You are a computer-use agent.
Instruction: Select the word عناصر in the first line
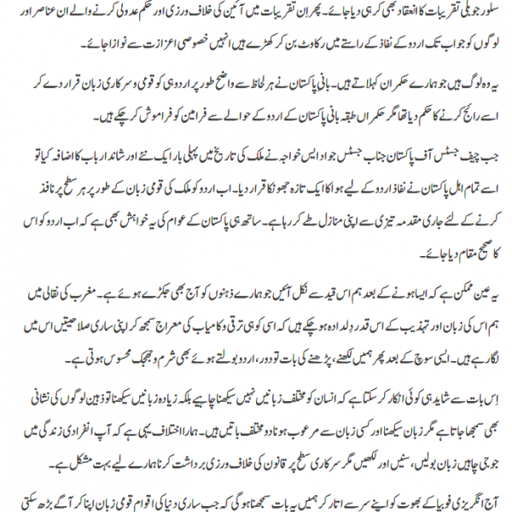[x=48, y=15]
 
